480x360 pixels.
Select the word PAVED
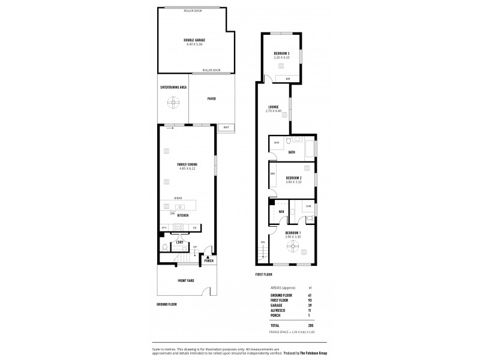click(x=211, y=98)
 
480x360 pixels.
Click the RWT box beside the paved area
click(x=226, y=127)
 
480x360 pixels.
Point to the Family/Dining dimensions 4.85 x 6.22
click(x=187, y=169)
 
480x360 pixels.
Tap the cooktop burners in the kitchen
click(x=178, y=227)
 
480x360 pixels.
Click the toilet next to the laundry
click(x=164, y=247)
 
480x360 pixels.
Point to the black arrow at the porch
click(x=208, y=256)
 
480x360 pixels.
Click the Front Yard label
click(x=185, y=281)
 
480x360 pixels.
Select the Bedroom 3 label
click(x=281, y=53)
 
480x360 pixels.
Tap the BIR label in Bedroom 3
click(x=288, y=79)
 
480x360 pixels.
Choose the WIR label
click(x=281, y=212)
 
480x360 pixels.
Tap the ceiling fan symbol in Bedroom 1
click(x=294, y=244)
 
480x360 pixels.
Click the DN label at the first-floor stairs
click(x=262, y=242)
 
